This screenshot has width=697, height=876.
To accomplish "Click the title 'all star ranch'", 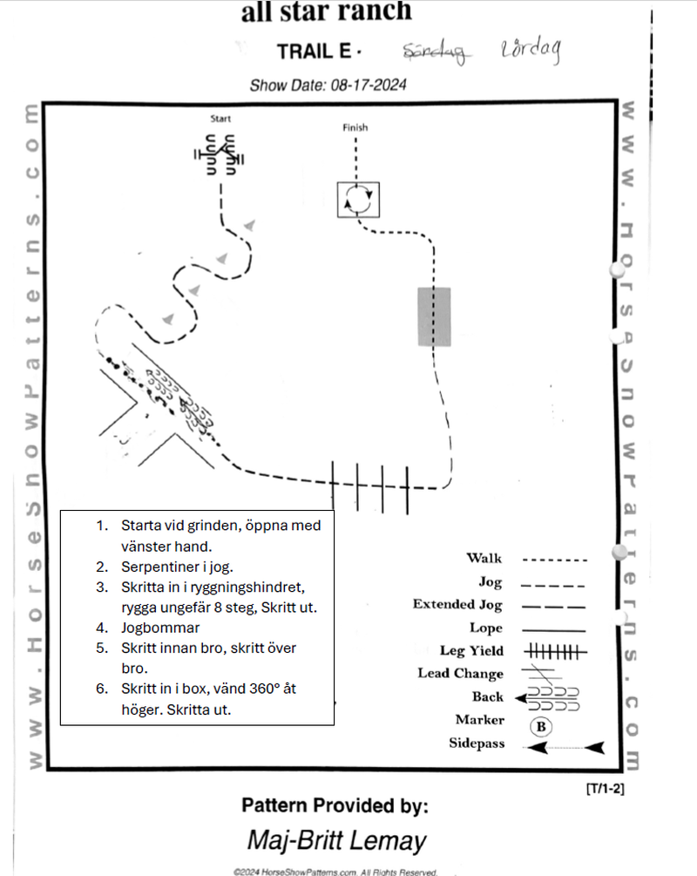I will (326, 12).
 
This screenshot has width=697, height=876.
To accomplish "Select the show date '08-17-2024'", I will (367, 85).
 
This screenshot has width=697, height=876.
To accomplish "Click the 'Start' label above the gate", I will (220, 119).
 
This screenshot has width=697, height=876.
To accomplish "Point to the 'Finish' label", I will (355, 127).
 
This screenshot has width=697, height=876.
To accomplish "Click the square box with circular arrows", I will (359, 200).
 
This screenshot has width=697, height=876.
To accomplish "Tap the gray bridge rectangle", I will (434, 316).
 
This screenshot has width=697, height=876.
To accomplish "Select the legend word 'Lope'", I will (486, 628).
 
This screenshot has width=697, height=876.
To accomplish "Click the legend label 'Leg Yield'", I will (471, 650).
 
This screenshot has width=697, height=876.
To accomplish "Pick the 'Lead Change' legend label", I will (460, 674).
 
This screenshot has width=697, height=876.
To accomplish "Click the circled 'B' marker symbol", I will (540, 726).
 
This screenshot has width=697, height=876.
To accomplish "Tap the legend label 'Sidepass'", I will (477, 744).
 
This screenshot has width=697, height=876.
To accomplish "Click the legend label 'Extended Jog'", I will (457, 604).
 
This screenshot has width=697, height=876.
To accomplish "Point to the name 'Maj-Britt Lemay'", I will (336, 840).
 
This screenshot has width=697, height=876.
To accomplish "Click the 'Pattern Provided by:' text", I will (335, 805).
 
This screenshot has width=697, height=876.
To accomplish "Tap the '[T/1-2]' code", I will (606, 789).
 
